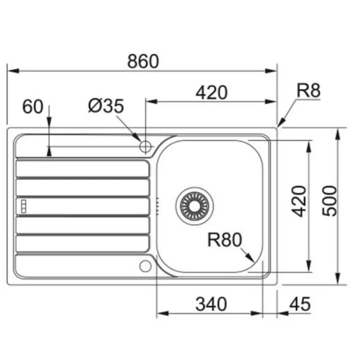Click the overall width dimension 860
[x=143, y=61]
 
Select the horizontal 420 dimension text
[x=211, y=92]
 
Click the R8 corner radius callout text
[x=308, y=90]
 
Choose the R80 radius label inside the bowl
[x=224, y=240]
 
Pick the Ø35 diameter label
[x=106, y=107]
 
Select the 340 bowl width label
[x=211, y=304]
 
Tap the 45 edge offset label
[x=300, y=304]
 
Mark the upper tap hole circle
[x=145, y=146]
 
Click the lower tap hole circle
[x=145, y=265]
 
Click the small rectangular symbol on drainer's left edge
[x=23, y=207]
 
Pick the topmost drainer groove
[x=82, y=168]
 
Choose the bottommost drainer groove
[x=82, y=244]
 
